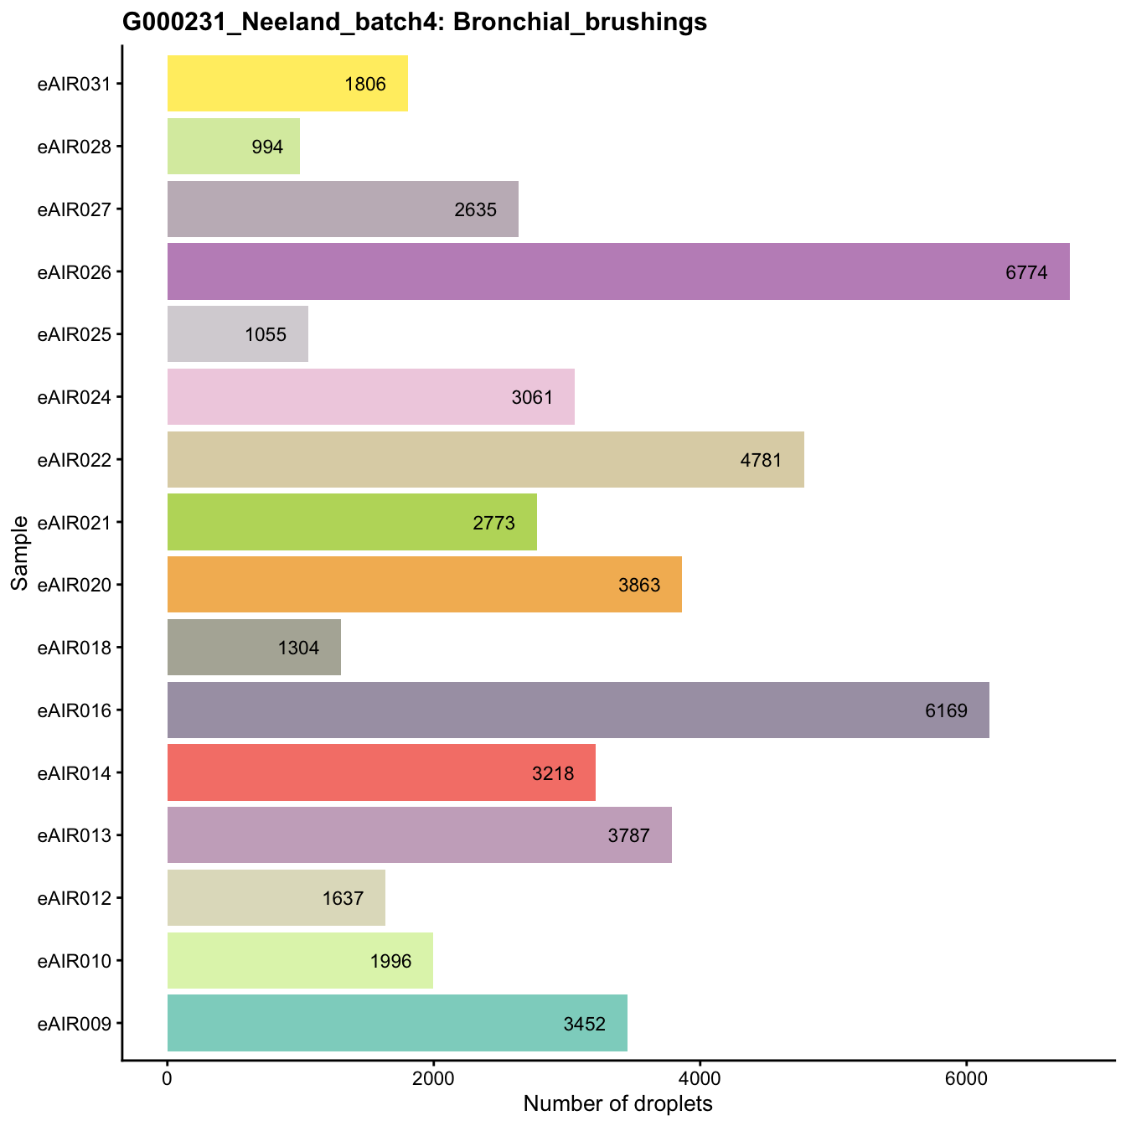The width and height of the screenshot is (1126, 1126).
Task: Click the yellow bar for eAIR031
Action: pyautogui.click(x=287, y=83)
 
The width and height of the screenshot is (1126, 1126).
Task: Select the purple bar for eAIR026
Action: pyautogui.click(x=618, y=271)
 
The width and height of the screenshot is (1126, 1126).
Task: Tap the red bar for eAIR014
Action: pyautogui.click(x=381, y=772)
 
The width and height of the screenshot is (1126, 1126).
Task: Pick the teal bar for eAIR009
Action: pyautogui.click(x=397, y=1023)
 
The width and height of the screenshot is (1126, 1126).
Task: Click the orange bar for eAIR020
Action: pyautogui.click(x=424, y=585)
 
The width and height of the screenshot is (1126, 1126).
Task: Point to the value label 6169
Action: pyautogui.click(x=946, y=710)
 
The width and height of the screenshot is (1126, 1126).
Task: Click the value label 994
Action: pyautogui.click(x=267, y=147)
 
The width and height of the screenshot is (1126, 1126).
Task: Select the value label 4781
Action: pyautogui.click(x=761, y=460)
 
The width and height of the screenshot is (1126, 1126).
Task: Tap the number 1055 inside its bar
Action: pyautogui.click(x=266, y=334)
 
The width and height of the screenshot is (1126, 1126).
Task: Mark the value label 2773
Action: pyautogui.click(x=493, y=523)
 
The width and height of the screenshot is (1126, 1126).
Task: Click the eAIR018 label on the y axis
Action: pyautogui.click(x=75, y=648)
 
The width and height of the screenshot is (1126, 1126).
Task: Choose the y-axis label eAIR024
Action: pyautogui.click(x=75, y=397)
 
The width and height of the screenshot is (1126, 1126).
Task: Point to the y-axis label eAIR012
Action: pyautogui.click(x=75, y=898)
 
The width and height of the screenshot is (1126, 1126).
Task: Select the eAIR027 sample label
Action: pyautogui.click(x=75, y=209)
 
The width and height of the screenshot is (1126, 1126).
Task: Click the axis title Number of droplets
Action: pyautogui.click(x=617, y=1103)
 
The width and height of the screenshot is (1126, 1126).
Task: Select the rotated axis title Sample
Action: pyautogui.click(x=20, y=553)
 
